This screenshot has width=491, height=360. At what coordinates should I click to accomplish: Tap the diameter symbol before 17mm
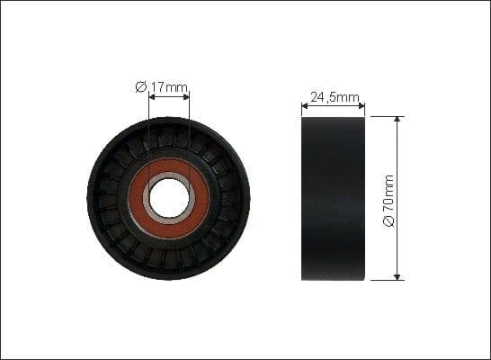[141, 87]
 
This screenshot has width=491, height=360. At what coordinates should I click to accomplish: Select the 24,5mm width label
[334, 95]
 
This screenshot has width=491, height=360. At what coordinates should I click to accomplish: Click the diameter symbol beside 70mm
[388, 221]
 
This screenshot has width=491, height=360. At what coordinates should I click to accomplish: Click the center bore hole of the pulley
[169, 198]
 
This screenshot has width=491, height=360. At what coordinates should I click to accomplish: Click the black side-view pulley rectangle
[334, 198]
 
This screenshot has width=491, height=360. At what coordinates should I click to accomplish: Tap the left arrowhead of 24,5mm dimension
[305, 105]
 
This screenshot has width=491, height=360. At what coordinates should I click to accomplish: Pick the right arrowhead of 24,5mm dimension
[362, 105]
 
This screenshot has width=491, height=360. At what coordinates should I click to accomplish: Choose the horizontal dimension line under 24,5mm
[334, 105]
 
